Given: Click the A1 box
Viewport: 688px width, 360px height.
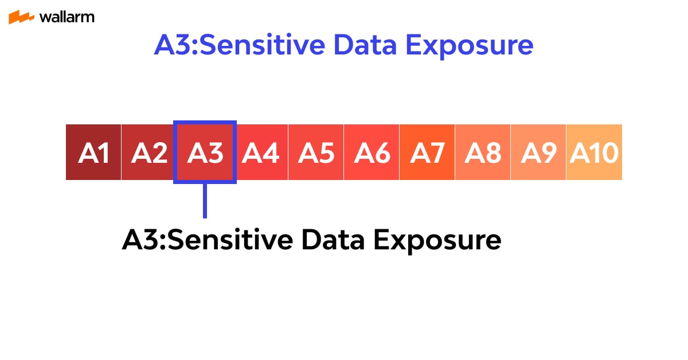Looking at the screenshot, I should click(x=93, y=152).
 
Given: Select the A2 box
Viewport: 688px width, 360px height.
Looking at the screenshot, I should click(x=149, y=152).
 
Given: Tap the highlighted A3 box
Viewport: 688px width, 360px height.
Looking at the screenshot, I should click(x=205, y=152).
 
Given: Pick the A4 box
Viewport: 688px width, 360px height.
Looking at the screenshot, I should click(x=261, y=152).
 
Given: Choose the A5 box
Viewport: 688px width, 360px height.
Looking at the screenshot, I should click(x=316, y=152).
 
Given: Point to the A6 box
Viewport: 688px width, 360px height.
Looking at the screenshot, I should click(x=372, y=152).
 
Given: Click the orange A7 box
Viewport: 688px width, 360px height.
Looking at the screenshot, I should click(x=427, y=152).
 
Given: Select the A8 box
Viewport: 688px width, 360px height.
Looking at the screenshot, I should click(x=483, y=152).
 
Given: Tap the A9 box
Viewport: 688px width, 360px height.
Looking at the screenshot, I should click(x=538, y=152).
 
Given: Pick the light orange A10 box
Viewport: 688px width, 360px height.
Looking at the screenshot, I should click(x=594, y=152).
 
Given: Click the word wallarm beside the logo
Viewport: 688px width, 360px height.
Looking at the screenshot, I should click(x=67, y=17).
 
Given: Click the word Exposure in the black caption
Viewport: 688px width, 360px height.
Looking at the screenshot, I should click(x=437, y=240).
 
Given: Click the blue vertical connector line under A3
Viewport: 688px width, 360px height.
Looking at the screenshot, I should click(x=205, y=201).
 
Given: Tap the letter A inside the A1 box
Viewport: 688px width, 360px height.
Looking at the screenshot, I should click(x=87, y=153).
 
